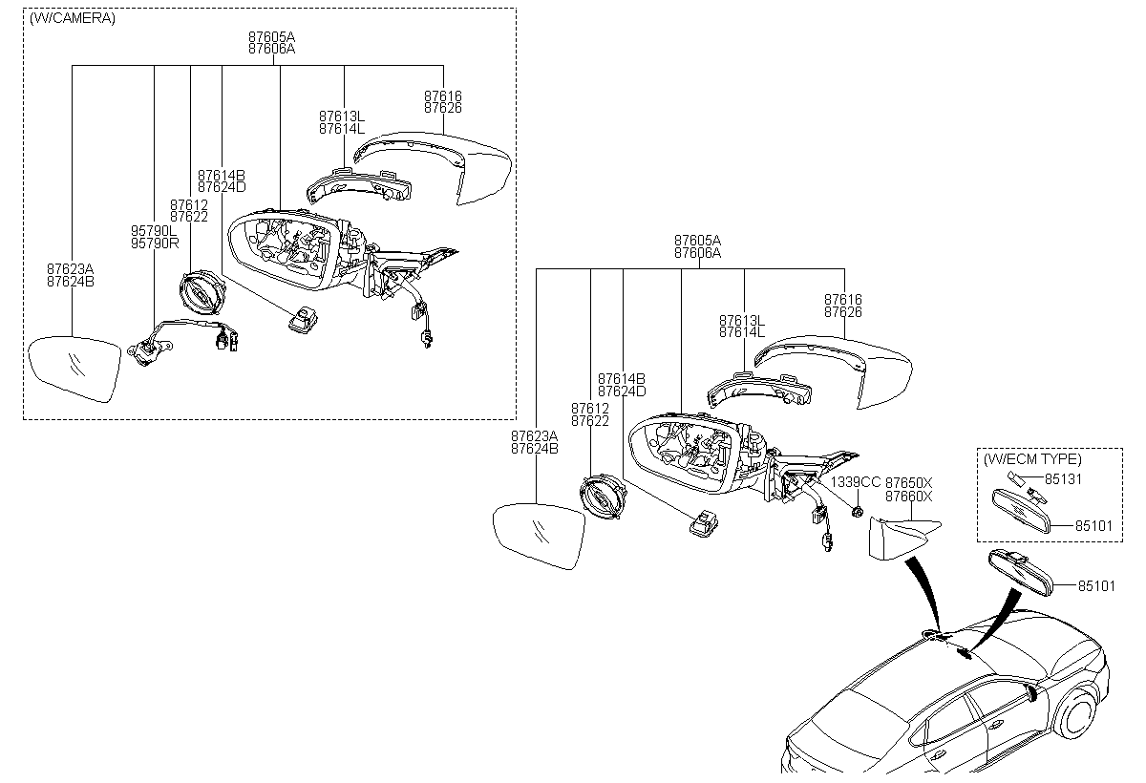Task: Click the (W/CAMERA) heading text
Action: (x=73, y=18)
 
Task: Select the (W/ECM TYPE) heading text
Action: (x=1032, y=459)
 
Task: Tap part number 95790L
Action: (x=154, y=231)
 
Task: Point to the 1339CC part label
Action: (x=856, y=482)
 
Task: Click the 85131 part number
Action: (x=1063, y=479)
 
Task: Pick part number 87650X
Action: (x=909, y=483)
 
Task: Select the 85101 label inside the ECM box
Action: (x=1093, y=526)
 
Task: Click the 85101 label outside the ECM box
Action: (x=1097, y=586)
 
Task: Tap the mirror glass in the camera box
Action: (x=74, y=369)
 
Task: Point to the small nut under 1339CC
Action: (x=858, y=511)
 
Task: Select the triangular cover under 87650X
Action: (x=904, y=539)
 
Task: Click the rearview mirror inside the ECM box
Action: (x=1021, y=511)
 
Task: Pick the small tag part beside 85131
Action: (x=1013, y=477)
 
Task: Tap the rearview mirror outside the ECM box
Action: (x=1021, y=572)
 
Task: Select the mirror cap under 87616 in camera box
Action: (x=434, y=168)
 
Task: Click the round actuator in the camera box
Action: (x=202, y=293)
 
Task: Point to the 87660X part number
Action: (x=909, y=497)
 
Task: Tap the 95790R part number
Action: (x=155, y=243)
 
